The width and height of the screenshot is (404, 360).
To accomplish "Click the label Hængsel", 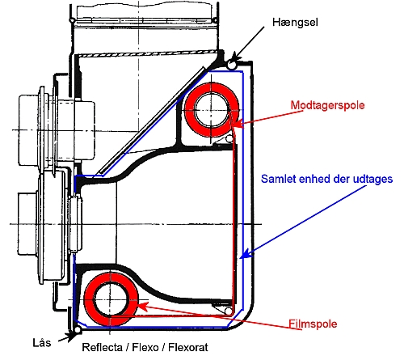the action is (295, 23).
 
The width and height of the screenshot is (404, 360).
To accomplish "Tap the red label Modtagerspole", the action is (327, 105).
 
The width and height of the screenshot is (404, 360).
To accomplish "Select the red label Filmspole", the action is (313, 324).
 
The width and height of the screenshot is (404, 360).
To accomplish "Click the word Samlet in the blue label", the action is (278, 179).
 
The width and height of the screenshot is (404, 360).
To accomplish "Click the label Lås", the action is (42, 342).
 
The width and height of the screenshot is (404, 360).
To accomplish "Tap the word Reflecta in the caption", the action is (102, 347).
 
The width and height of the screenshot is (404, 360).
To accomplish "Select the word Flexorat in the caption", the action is (188, 347).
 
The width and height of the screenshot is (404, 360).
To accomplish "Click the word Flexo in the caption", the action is (145, 347).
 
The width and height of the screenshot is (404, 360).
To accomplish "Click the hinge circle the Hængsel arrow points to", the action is (231, 65).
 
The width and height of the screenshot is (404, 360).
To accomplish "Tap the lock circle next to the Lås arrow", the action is (78, 329).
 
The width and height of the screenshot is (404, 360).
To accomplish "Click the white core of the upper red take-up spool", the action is (212, 110).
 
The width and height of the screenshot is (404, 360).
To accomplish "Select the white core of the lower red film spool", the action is (111, 299).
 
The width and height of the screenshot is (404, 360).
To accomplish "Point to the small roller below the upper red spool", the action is (229, 139).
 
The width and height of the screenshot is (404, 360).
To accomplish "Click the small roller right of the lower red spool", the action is (229, 311).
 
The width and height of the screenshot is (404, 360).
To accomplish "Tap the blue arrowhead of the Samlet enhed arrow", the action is (246, 254).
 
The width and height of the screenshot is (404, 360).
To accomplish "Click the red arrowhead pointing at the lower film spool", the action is (143, 306).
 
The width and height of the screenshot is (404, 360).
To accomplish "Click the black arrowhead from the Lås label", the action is (71, 337).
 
